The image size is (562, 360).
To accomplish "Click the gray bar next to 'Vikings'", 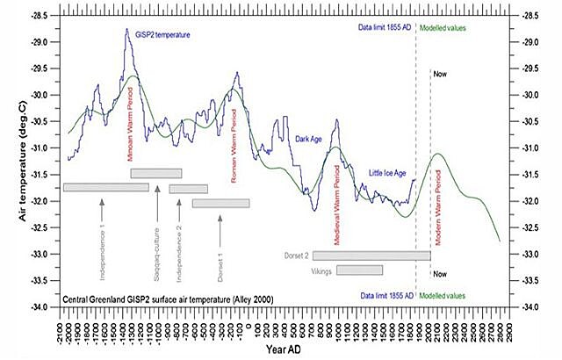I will pyautogui.click(x=359, y=270).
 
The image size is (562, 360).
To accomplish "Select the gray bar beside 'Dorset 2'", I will pyautogui.click(x=371, y=256).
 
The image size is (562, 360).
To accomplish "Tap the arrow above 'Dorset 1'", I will pyautogui.click(x=220, y=225).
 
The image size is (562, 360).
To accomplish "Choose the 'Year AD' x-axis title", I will pyautogui.click(x=282, y=349).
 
